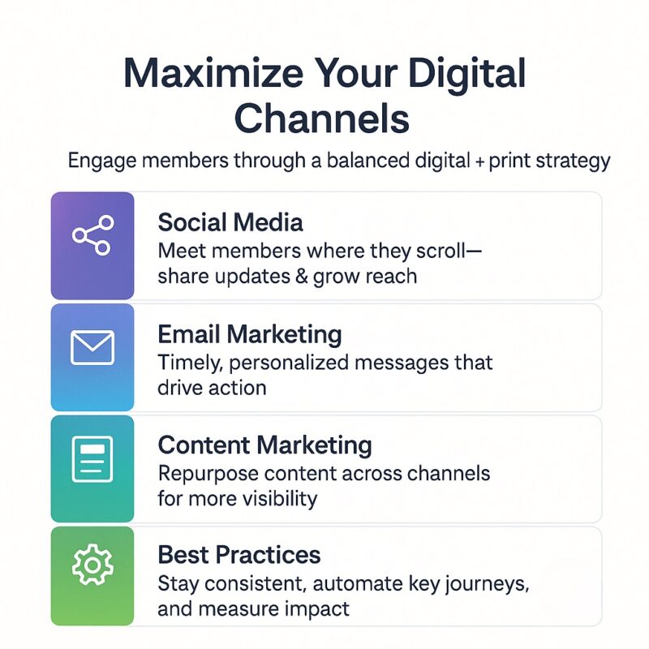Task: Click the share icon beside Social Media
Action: pos(92,236)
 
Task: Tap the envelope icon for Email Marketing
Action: pos(92,348)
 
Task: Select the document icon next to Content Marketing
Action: pos(92,459)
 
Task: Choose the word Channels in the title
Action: pos(322,118)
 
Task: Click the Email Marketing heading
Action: pos(250,333)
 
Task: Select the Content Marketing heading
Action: pos(264,445)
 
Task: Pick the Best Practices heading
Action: pos(239,555)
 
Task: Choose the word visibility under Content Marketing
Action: pos(277,497)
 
